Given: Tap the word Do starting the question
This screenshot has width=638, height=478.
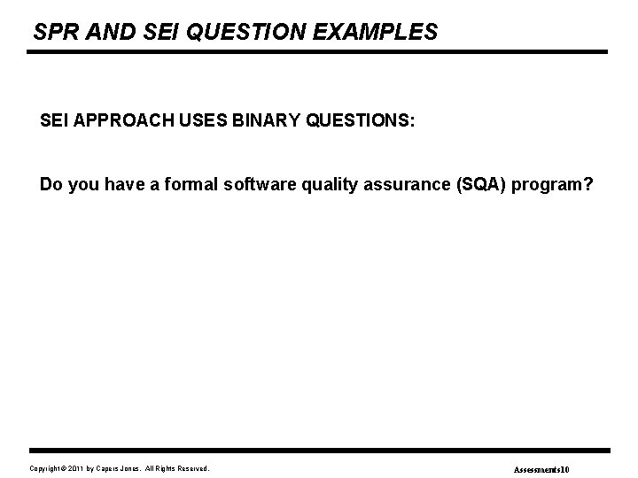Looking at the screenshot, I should point(51,186).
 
